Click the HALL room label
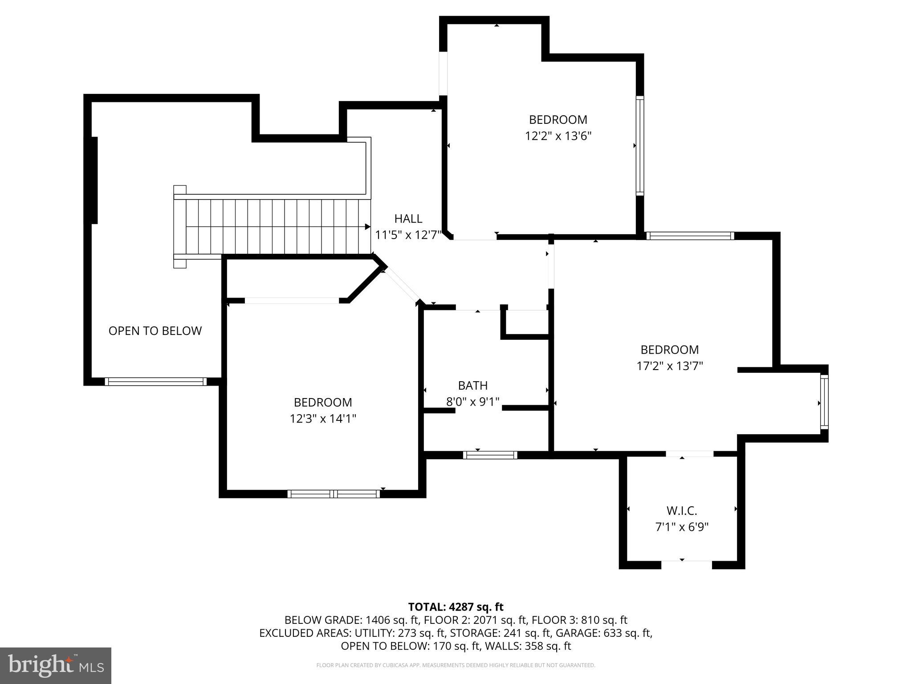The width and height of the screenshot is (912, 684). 408,219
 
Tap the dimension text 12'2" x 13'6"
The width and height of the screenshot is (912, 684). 558,136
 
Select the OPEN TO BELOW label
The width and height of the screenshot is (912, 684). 155,330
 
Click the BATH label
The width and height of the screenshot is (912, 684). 472,385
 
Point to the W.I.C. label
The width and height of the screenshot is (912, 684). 681,510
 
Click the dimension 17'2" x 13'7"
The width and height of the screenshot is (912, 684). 669,366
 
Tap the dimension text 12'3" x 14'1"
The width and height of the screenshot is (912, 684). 323,419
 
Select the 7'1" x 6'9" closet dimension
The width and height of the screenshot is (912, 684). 681,527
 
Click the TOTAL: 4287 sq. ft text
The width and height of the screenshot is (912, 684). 456,607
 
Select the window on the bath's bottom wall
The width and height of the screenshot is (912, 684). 490,455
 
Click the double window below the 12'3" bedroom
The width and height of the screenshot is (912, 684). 334,493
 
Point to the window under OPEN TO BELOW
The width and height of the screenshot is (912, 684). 155,381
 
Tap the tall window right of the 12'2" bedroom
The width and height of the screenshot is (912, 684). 639,146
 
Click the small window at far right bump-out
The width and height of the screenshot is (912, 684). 824,403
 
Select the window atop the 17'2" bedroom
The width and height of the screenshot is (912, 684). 689,236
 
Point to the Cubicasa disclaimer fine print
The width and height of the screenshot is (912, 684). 456,665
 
